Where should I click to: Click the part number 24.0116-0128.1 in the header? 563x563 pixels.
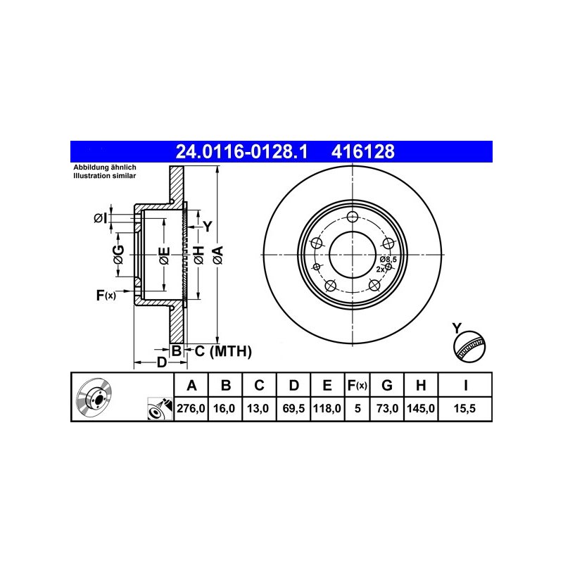(241, 151)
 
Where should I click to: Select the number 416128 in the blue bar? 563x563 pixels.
(363, 151)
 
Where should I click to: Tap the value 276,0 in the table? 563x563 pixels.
(191, 408)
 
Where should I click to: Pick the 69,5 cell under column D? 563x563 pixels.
(293, 408)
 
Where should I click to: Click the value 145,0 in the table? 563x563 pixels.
(421, 408)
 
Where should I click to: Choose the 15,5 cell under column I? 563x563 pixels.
(464, 408)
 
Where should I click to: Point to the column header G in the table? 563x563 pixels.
(386, 385)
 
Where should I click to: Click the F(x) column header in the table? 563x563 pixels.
(358, 385)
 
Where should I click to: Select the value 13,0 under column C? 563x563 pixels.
(258, 408)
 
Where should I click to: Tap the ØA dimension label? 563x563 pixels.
(218, 255)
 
